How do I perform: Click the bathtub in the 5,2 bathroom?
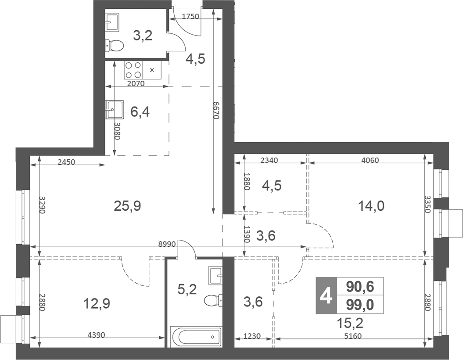pyautogui.click(x=196, y=337)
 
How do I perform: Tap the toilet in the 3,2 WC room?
pyautogui.click(x=115, y=45)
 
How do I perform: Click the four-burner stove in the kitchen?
pyautogui.click(x=133, y=69)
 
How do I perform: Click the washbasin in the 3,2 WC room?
pyautogui.click(x=112, y=22)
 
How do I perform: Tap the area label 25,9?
pyautogui.click(x=127, y=205)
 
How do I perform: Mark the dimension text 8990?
pyautogui.click(x=167, y=242)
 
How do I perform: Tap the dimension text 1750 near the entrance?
pyautogui.click(x=190, y=16)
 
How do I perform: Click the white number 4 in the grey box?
pyautogui.click(x=325, y=296)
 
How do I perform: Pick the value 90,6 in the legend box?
pyautogui.click(x=359, y=286)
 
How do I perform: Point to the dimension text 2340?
pyautogui.click(x=270, y=160)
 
